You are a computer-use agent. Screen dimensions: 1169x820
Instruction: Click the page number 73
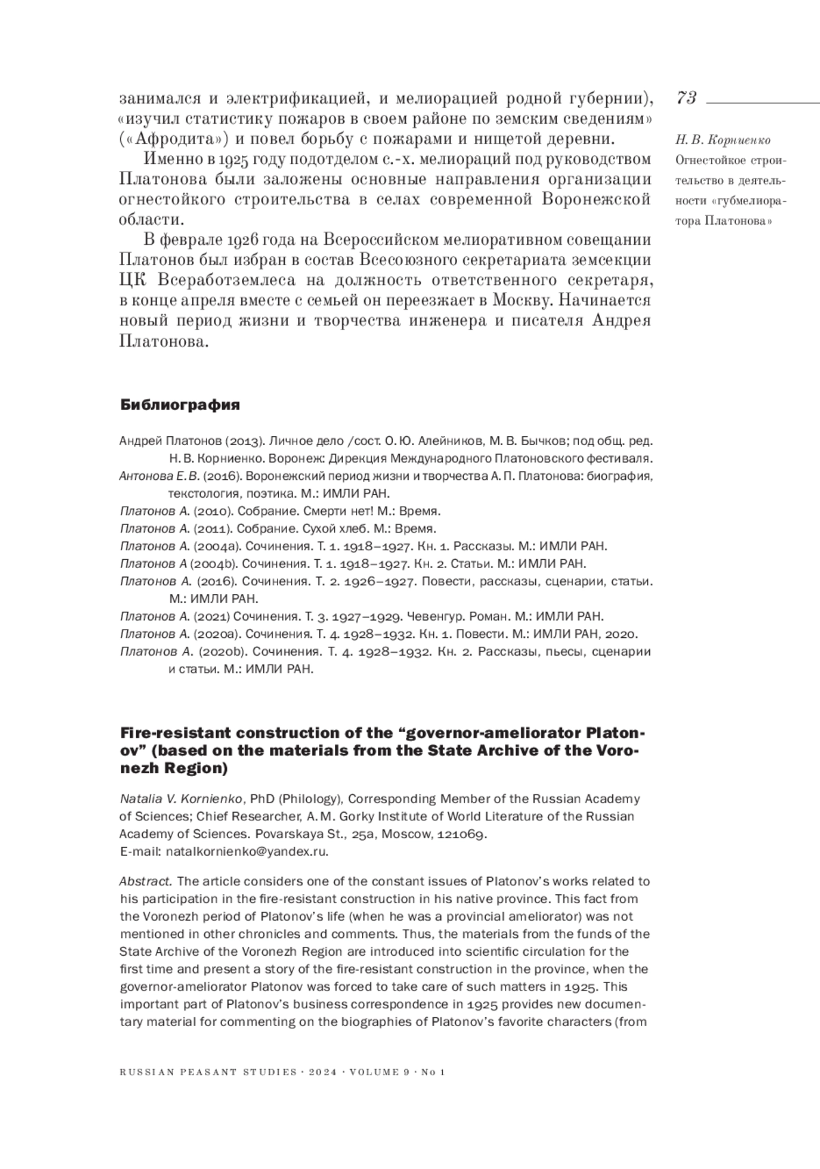coord(686,98)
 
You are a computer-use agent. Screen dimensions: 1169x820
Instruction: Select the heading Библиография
coord(180,405)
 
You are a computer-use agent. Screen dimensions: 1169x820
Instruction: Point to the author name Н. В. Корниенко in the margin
coord(722,140)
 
